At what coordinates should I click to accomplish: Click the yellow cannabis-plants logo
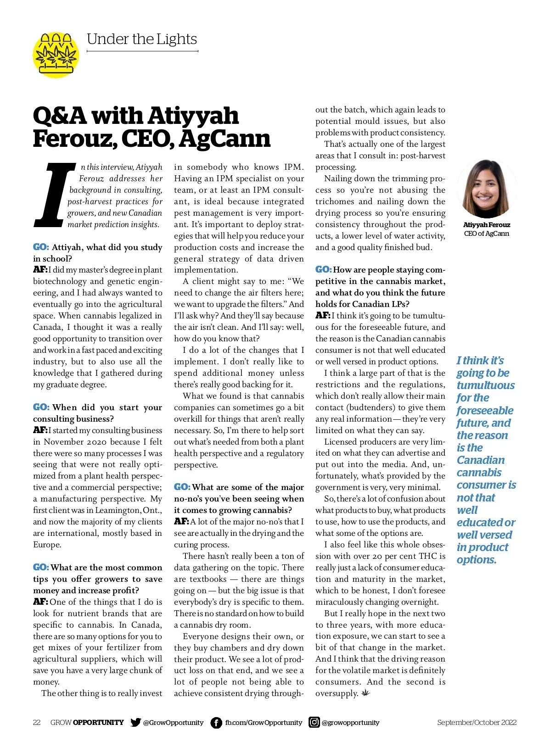(56, 55)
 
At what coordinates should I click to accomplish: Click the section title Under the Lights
(142, 39)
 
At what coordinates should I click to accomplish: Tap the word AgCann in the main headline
(225, 139)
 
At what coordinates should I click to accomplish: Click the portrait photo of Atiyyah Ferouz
(486, 189)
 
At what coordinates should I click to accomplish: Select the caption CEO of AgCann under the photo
(486, 234)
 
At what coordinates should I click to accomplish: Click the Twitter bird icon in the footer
(135, 722)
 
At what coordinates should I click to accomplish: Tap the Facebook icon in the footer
(216, 723)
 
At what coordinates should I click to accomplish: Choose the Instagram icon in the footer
(314, 722)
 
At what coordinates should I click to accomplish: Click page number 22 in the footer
(37, 723)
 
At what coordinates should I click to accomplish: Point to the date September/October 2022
(477, 723)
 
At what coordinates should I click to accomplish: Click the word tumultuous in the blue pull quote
(485, 385)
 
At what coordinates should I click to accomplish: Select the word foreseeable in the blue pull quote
(485, 411)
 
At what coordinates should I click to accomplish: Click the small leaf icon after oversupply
(365, 693)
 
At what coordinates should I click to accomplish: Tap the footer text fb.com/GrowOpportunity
(264, 723)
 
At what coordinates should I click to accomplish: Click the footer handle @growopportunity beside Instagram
(350, 723)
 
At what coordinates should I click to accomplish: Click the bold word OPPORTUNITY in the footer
(98, 723)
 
